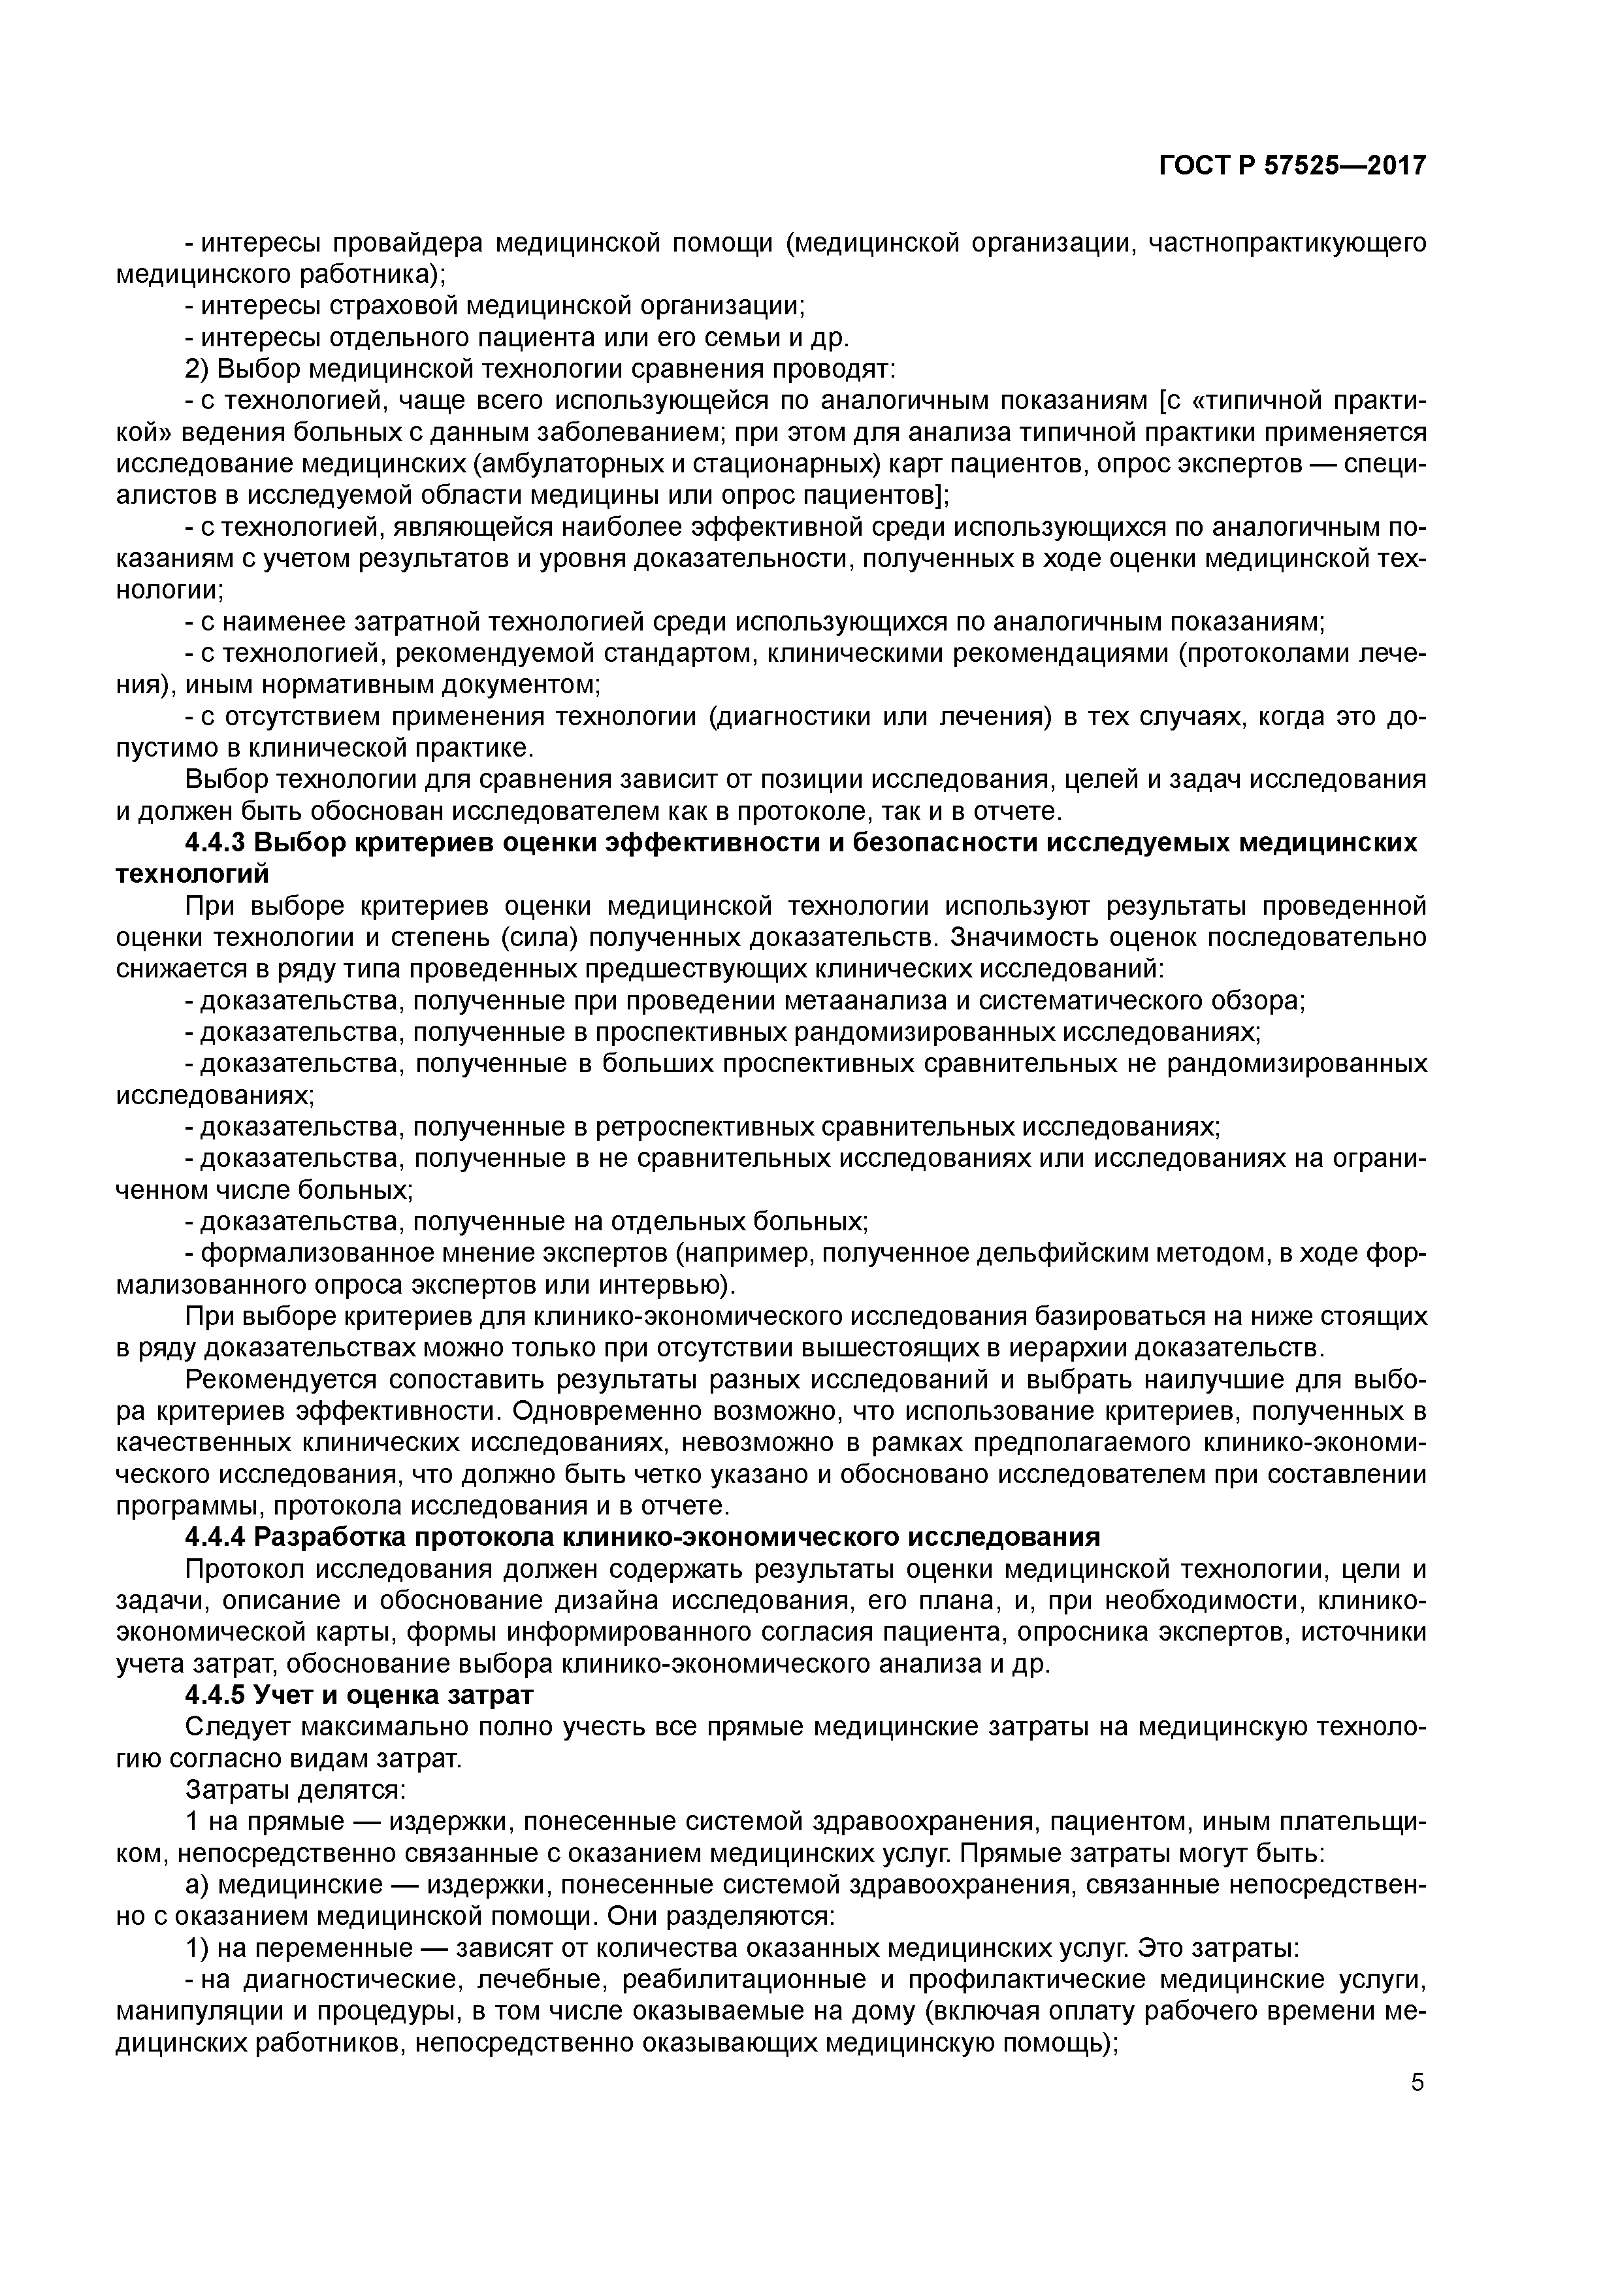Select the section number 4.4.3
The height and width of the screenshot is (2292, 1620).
point(215,843)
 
